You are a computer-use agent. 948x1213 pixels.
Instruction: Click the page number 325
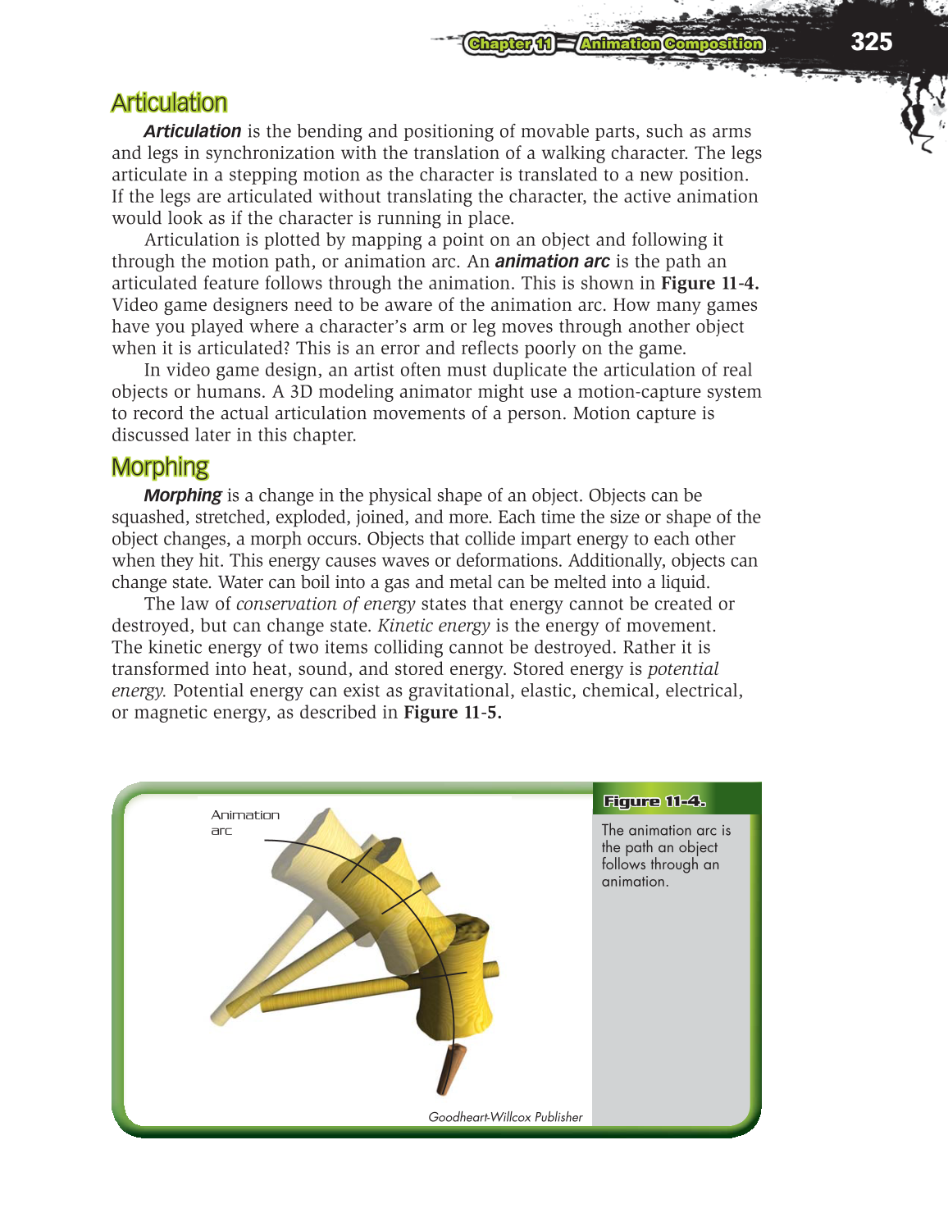871,42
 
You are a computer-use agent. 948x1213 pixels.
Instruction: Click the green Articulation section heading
169,103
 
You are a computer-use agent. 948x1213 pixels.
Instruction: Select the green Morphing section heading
160,467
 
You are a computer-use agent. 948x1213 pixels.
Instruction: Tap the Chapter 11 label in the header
509,44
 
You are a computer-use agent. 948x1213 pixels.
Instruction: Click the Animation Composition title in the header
671,44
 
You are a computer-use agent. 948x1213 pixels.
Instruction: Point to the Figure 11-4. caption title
654,801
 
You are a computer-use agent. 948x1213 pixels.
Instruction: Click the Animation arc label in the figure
244,822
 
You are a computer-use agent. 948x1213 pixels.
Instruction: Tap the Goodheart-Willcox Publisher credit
505,1117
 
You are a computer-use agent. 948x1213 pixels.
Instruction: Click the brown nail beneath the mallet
450,1070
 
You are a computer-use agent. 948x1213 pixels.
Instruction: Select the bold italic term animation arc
552,262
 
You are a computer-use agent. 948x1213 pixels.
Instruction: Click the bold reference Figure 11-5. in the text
452,713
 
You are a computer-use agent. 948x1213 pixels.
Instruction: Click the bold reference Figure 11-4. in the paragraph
709,283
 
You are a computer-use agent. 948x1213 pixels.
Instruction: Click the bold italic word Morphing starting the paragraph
182,495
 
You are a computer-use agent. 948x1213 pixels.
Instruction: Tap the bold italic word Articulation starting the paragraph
192,131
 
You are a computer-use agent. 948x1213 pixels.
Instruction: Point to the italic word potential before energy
683,669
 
